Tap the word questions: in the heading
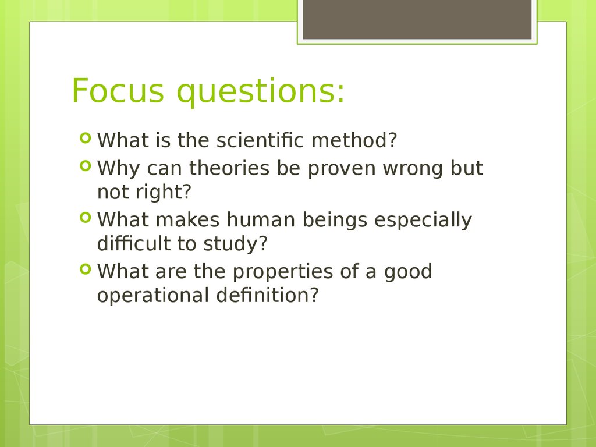(x=261, y=93)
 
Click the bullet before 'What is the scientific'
(x=86, y=137)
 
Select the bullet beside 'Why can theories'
(x=86, y=166)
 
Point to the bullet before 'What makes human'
(x=86, y=218)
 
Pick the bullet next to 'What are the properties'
(x=86, y=269)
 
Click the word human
(x=261, y=219)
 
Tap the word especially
(x=423, y=221)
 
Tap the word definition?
(x=267, y=295)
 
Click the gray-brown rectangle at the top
(x=417, y=19)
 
